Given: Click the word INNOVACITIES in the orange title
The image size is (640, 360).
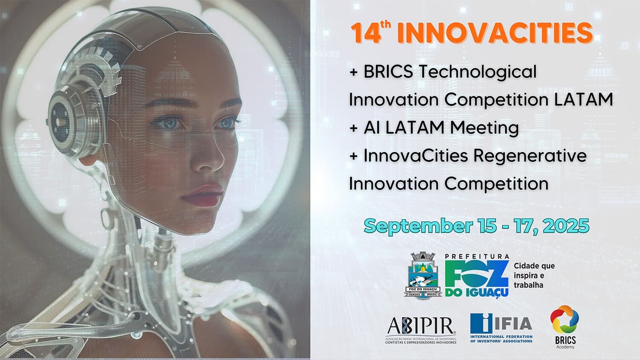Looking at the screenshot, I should click(495, 33).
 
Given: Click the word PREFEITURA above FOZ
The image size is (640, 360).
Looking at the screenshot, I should click(477, 257).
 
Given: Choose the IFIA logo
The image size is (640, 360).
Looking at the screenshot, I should click(501, 328).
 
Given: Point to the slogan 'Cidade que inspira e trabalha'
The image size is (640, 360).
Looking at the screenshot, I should click(534, 276).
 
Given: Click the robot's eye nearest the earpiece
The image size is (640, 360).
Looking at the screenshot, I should click(169, 124).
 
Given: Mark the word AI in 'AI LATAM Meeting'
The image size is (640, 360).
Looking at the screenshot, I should click(371, 128).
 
